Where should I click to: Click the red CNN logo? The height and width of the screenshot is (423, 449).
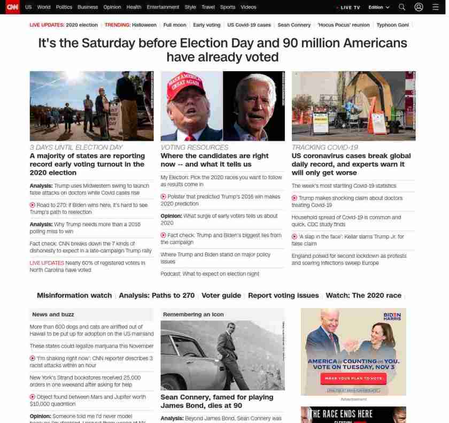(12, 7)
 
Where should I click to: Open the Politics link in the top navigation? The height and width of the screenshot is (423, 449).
(64, 7)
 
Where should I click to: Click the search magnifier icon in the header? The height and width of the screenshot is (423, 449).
(402, 7)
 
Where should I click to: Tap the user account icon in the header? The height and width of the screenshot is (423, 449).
(419, 7)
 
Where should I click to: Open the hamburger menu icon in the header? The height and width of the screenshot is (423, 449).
(436, 7)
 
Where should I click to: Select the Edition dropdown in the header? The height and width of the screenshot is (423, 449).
(378, 7)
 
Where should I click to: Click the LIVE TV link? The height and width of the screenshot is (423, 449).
(350, 7)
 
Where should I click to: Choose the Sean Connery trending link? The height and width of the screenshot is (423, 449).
(294, 25)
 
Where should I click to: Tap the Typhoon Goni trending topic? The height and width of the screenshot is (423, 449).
(393, 25)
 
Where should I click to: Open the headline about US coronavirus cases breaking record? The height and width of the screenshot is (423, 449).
(351, 164)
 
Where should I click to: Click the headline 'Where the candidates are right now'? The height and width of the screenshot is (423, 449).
(214, 160)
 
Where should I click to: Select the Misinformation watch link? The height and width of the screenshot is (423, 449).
(74, 295)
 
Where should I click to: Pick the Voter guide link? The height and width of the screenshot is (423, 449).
(221, 295)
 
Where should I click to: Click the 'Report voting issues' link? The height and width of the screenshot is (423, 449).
(283, 295)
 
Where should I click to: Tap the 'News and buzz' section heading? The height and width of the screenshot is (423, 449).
(53, 314)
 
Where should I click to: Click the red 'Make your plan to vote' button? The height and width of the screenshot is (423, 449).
(353, 378)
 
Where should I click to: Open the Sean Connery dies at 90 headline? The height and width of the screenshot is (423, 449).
(216, 401)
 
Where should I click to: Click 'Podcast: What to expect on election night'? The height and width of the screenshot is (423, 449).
(210, 274)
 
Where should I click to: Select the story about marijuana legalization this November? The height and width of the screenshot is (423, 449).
(91, 346)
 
